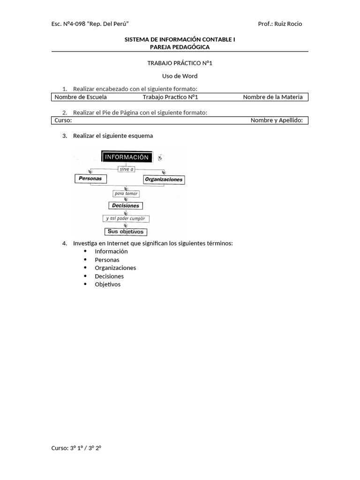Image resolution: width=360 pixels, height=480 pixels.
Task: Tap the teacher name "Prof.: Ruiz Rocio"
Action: [x=280, y=24]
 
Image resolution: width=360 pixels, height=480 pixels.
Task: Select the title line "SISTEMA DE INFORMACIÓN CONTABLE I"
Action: [x=180, y=40]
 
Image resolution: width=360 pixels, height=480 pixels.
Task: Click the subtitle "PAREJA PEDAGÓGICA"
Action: [x=180, y=47]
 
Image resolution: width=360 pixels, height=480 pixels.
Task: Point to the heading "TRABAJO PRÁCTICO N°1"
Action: [x=180, y=63]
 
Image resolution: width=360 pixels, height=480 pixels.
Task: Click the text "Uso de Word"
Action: [x=180, y=76]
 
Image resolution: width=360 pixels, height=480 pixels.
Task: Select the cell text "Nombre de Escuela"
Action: [x=81, y=97]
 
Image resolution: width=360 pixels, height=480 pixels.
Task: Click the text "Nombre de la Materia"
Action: [x=272, y=97]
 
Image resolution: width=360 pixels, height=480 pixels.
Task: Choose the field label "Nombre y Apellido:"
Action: [x=277, y=120]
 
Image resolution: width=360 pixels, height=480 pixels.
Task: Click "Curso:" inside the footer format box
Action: [x=63, y=120]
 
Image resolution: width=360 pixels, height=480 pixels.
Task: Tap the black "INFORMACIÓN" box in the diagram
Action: [x=127, y=157]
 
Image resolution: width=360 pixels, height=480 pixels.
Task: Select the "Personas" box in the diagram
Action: [x=90, y=179]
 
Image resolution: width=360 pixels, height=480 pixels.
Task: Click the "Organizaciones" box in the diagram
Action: [x=164, y=180]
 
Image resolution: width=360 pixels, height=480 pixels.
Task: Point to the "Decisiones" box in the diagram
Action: [x=126, y=205]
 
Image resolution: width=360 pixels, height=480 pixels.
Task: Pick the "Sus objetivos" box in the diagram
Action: [x=126, y=232]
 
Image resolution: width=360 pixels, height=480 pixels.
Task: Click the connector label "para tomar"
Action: [x=126, y=193]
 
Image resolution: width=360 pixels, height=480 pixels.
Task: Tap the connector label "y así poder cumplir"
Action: [x=126, y=218]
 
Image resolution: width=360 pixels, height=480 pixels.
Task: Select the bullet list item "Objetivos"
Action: [x=107, y=284]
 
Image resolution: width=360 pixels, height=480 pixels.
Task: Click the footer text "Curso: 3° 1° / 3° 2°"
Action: [x=76, y=448]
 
